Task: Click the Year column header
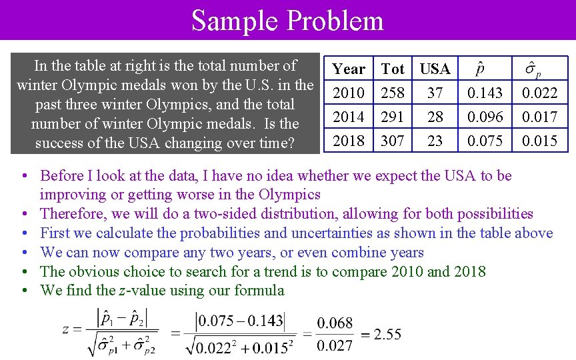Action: pyautogui.click(x=349, y=69)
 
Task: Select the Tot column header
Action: pyautogui.click(x=393, y=69)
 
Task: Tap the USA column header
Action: pyautogui.click(x=435, y=69)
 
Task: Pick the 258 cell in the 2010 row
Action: pyautogui.click(x=393, y=93)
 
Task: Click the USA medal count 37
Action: pyautogui.click(x=435, y=93)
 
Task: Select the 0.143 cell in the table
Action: pyautogui.click(x=485, y=93)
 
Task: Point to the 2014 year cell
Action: pyautogui.click(x=349, y=117)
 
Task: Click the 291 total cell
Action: pyautogui.click(x=393, y=117)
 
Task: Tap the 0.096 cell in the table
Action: pyautogui.click(x=485, y=117)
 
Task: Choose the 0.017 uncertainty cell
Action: pyautogui.click(x=539, y=117)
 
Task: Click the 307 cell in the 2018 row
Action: pyautogui.click(x=393, y=141)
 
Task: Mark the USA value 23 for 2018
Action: pyautogui.click(x=435, y=141)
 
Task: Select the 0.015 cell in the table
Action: pyautogui.click(x=539, y=141)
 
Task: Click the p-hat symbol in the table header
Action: pyautogui.click(x=480, y=69)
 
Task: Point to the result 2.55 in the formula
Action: pyautogui.click(x=387, y=334)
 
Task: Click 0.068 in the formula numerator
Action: pyautogui.click(x=335, y=323)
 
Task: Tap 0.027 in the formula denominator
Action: pyautogui.click(x=335, y=345)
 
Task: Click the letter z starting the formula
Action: pyautogui.click(x=65, y=329)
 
